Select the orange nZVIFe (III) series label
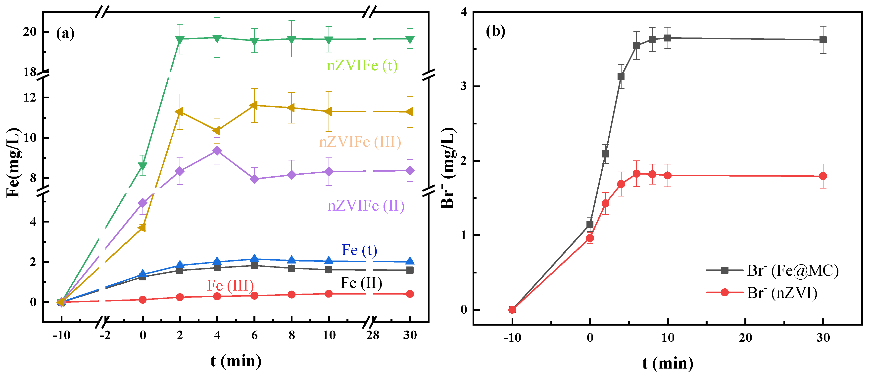(360, 142)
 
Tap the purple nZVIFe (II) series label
(366, 206)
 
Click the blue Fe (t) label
(359, 250)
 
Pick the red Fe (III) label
(230, 286)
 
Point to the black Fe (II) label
(361, 283)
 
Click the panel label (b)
(495, 31)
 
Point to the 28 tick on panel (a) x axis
(372, 335)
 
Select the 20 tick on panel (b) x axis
(745, 338)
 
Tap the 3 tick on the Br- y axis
(464, 86)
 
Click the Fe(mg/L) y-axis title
(13, 162)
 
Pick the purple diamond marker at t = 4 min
(217, 151)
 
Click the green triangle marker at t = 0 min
(143, 166)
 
